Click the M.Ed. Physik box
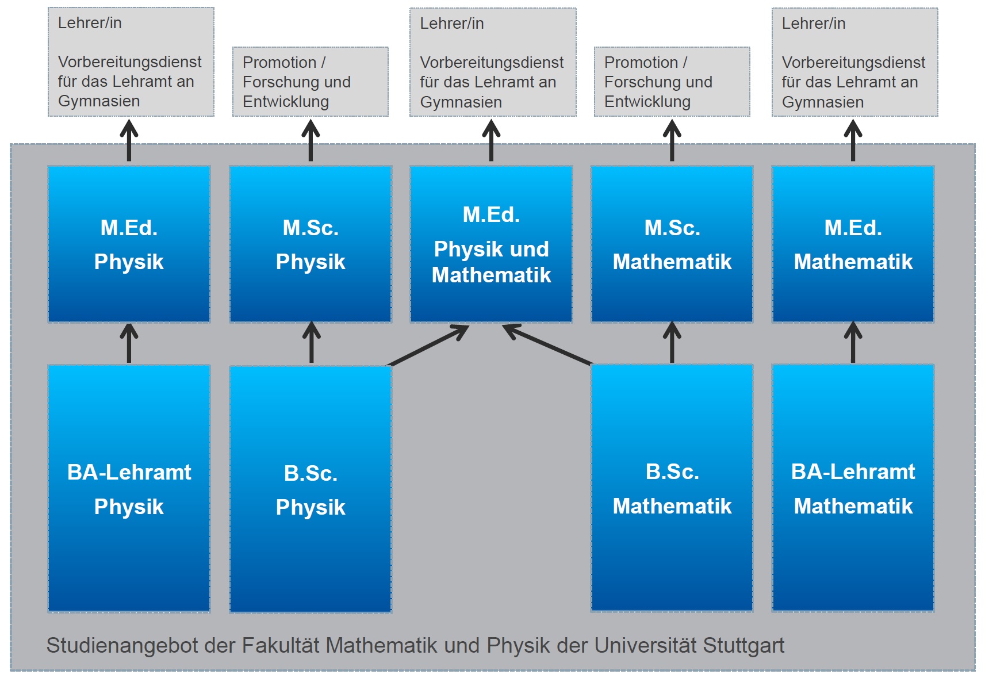tap(129, 244)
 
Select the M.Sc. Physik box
tap(311, 244)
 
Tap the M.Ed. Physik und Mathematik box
tap(491, 244)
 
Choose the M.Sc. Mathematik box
tap(672, 244)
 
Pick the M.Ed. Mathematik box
tap(853, 244)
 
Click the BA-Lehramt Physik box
tap(129, 488)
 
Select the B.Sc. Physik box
tap(311, 489)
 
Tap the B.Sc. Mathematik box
tap(672, 488)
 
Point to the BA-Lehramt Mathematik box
tap(853, 488)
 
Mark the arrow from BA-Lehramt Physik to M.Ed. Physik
tap(129, 343)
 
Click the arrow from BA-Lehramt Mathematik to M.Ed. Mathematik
tap(853, 343)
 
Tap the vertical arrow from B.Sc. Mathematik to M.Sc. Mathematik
tap(672, 343)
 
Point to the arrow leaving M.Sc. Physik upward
tap(311, 140)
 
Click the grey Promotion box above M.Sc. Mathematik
tap(672, 82)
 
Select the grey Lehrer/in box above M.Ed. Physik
tap(131, 62)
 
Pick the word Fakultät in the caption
tap(280, 645)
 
